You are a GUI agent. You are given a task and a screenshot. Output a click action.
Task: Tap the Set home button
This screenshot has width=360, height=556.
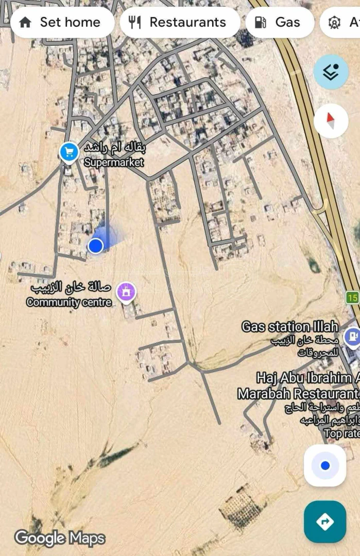click(x=62, y=22)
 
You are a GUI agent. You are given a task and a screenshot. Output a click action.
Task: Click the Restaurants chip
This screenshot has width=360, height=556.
click(x=180, y=22)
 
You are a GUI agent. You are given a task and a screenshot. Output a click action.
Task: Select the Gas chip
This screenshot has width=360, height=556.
click(x=279, y=22)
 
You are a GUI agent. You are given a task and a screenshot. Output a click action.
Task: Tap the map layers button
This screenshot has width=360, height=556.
click(x=331, y=73)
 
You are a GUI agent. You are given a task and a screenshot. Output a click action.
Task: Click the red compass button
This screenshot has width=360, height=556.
click(x=331, y=120)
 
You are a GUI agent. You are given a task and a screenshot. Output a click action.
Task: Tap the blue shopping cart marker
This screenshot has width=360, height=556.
click(x=68, y=152)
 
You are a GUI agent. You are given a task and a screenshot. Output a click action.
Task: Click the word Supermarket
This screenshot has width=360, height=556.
click(x=114, y=162)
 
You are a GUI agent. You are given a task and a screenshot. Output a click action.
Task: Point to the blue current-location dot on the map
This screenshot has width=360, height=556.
click(x=96, y=246)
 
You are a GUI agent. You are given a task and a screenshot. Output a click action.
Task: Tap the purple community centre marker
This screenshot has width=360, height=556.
click(x=126, y=292)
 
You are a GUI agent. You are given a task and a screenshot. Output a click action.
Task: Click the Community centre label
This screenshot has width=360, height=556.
click(x=69, y=302)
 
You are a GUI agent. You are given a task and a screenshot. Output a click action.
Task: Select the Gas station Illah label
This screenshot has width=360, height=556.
click(x=290, y=326)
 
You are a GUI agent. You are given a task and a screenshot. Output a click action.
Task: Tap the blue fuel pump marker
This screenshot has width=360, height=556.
click(x=353, y=336)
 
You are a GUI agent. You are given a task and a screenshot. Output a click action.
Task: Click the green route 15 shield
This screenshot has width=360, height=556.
click(x=352, y=298)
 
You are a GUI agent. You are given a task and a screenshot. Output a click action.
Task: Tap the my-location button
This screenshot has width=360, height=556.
click(x=325, y=465)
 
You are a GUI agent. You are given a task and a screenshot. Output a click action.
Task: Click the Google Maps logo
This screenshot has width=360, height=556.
click(x=60, y=538)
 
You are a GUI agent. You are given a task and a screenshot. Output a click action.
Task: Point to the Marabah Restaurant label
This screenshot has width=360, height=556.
click(x=298, y=393)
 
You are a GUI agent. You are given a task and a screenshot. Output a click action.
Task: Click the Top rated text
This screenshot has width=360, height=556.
click(x=341, y=433)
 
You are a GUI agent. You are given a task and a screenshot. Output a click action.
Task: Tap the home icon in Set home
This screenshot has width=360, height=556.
click(x=25, y=22)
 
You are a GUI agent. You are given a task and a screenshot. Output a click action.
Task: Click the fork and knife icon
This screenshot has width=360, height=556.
click(x=135, y=22)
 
